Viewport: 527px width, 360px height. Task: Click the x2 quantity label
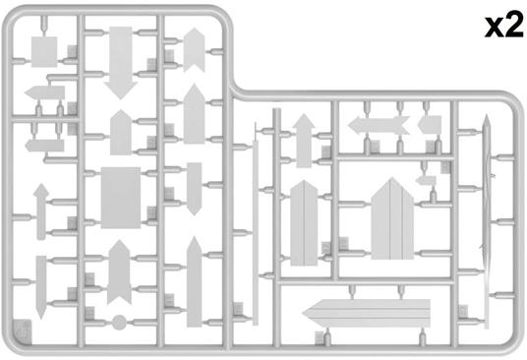coord(503,27)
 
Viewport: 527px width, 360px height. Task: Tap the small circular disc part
coord(119,323)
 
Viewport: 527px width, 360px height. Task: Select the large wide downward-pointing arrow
coord(121,62)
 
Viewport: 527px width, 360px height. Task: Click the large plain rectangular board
coord(121,198)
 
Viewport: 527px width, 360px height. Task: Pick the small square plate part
coord(44,52)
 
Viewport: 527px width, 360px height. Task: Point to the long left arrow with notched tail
coord(379,125)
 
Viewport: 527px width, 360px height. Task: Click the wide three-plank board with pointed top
coord(392,219)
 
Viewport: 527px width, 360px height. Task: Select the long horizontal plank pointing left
coord(367,313)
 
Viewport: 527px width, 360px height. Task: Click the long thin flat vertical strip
coord(256,232)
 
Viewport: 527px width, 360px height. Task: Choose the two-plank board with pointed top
coord(304,223)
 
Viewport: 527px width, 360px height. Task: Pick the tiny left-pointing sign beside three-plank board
coord(426,181)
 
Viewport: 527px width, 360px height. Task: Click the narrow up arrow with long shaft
coord(41,211)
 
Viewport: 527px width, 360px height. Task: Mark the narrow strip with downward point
coord(41,287)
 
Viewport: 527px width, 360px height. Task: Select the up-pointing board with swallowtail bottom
coord(119,272)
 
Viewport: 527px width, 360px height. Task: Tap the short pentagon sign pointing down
coord(195,189)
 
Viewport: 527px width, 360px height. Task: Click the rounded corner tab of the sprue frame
coord(23,331)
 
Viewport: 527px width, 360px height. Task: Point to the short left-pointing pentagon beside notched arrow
coord(430,125)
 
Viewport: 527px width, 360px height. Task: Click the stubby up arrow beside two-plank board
coord(304,141)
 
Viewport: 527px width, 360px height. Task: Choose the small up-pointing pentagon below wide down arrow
coord(121,133)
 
